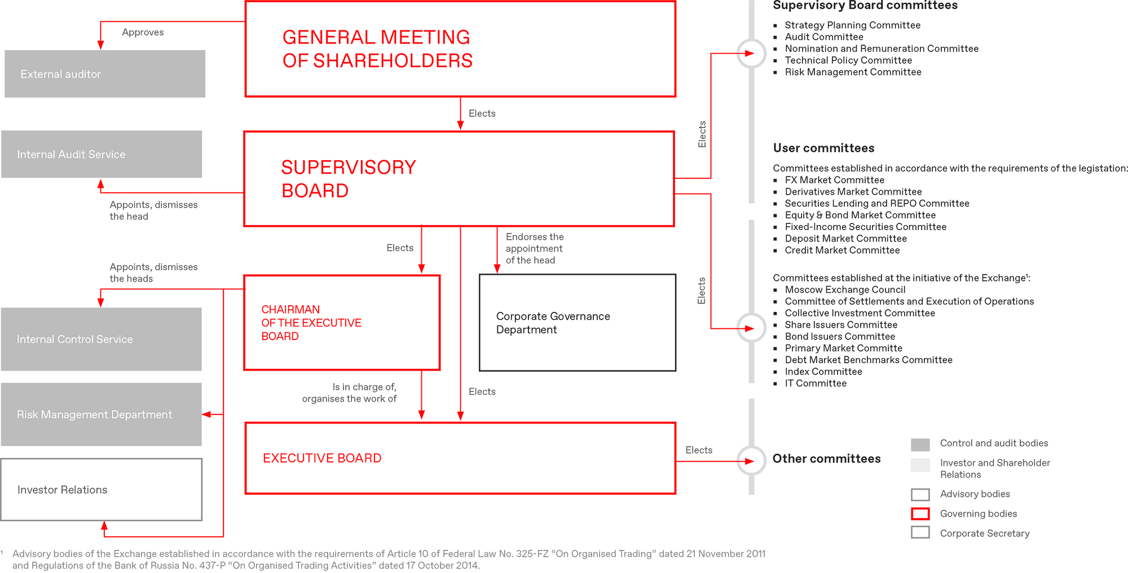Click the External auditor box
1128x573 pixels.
coord(105,74)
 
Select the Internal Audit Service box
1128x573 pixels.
coord(102,155)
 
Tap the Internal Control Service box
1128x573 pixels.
coord(101,339)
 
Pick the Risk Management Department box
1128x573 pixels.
coord(101,415)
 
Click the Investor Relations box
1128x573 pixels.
coord(102,490)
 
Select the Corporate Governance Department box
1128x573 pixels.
coord(577,323)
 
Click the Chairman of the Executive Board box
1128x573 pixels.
coord(342,323)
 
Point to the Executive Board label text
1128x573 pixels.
coord(322,458)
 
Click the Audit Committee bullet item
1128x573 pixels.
coord(823,37)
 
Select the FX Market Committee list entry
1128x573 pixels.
coord(834,180)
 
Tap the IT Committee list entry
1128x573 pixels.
coord(815,384)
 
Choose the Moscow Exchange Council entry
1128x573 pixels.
coord(845,290)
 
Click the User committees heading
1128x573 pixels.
coord(823,148)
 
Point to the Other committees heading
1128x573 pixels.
coord(826,459)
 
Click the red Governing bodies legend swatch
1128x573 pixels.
coord(920,514)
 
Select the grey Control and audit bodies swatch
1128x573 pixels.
coord(920,444)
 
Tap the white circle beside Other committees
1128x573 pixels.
coord(751,461)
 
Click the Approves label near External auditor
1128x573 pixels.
coord(143,32)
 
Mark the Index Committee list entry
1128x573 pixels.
coord(823,372)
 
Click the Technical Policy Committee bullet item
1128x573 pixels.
coord(848,60)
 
